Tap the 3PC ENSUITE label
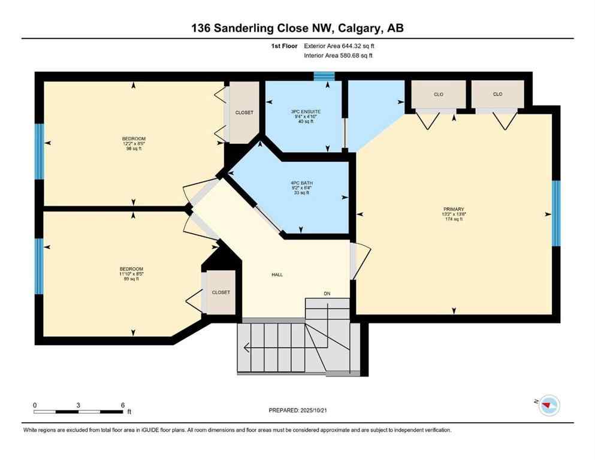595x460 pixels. click(306, 111)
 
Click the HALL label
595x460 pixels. click(276, 275)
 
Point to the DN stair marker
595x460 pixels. click(327, 293)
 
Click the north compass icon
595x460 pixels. click(549, 405)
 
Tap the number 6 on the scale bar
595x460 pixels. click(122, 405)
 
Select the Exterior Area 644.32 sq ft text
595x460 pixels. click(342, 46)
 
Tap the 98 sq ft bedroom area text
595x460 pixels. click(134, 149)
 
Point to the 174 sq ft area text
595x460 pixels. click(454, 219)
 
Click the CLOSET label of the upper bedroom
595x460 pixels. click(244, 113)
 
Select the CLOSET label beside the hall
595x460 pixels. click(221, 292)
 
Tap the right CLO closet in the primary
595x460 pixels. click(497, 94)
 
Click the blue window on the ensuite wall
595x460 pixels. click(325, 76)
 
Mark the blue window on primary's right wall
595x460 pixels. click(555, 213)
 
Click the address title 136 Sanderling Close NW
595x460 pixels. click(297, 28)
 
